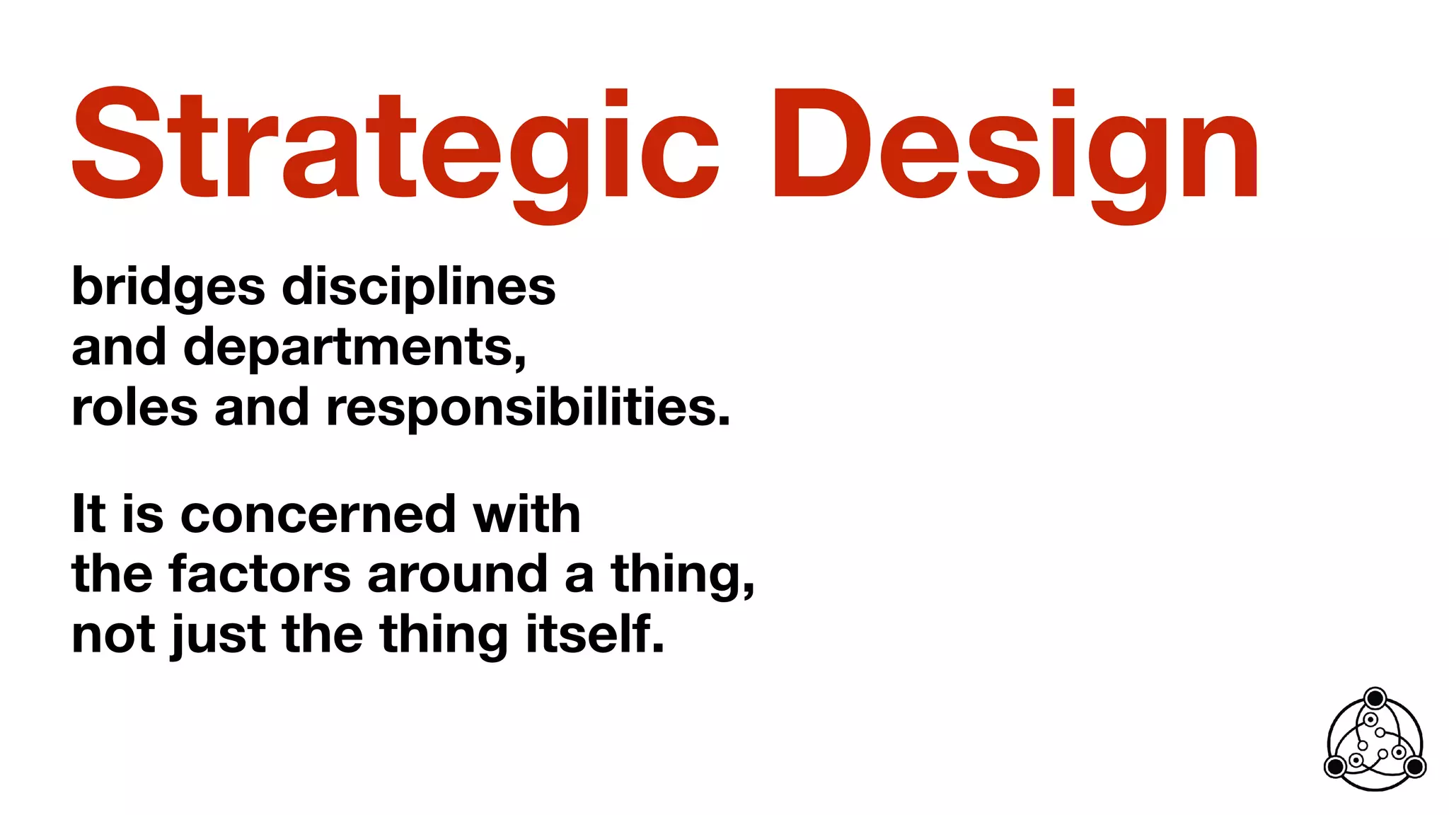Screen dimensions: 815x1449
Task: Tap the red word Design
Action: (x=1016, y=145)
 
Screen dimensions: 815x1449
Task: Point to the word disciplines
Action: (x=419, y=287)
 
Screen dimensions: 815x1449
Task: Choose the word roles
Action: (x=134, y=408)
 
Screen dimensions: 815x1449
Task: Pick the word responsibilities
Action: (x=527, y=408)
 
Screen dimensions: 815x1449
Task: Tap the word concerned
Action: (x=318, y=514)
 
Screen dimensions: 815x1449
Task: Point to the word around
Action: (x=457, y=574)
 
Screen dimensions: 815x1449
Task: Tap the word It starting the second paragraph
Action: (x=88, y=514)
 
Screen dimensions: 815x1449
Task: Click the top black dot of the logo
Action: (x=1375, y=699)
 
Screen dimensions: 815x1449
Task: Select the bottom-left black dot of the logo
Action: (x=1335, y=766)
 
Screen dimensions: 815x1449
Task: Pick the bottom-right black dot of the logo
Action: (x=1415, y=766)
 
